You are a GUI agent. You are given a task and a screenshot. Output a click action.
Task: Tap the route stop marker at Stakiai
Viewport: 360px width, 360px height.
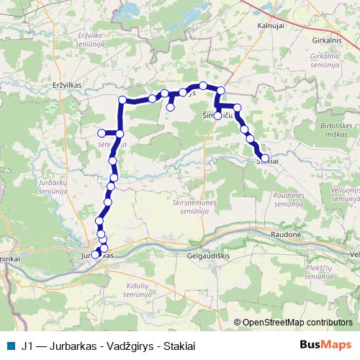tap(265, 158)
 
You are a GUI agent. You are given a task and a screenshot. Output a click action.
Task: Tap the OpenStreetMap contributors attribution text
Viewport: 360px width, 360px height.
tap(297, 322)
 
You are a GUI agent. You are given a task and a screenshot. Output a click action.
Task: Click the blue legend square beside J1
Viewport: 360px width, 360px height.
tap(11, 344)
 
